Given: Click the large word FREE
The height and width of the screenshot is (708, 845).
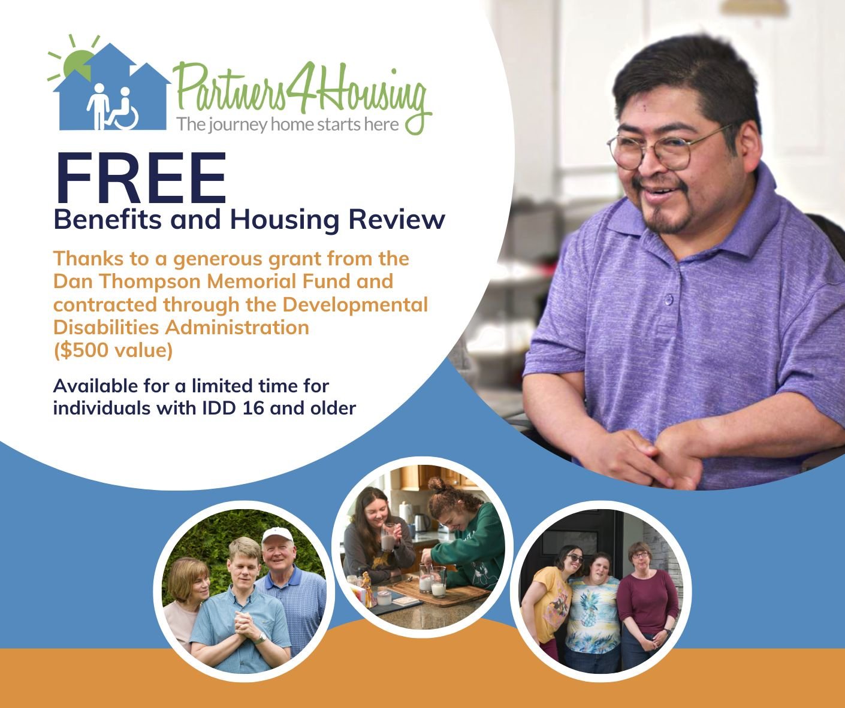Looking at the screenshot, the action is (x=140, y=178).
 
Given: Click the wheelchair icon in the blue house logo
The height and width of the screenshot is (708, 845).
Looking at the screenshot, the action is (x=122, y=112).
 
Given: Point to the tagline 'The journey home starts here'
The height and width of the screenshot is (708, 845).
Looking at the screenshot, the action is (x=288, y=124).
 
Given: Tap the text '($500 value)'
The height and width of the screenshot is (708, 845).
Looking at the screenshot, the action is (x=113, y=350).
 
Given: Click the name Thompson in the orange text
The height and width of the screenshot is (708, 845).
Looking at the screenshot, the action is (x=150, y=281).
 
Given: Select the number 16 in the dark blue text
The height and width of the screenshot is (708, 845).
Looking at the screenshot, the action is (x=252, y=409).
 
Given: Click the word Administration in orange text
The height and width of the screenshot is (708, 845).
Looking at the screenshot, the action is (x=237, y=327).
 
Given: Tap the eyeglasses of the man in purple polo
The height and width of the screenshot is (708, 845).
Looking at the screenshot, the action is (x=668, y=149).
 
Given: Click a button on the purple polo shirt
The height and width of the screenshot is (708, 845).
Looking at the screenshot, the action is (x=668, y=299).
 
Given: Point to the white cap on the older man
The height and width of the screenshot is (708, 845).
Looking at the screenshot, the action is (x=277, y=535).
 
